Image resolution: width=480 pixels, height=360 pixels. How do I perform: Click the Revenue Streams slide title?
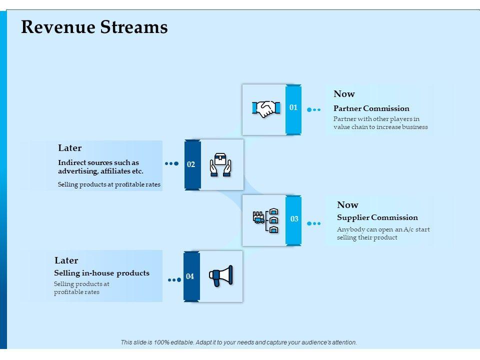[x=94, y=27]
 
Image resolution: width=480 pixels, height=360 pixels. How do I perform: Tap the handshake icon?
[x=266, y=108]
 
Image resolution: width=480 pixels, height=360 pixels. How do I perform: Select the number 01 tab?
[x=293, y=109]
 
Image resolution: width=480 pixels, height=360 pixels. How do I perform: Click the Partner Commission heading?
[x=371, y=108]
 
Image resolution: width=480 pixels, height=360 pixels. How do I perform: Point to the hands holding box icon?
[x=220, y=164]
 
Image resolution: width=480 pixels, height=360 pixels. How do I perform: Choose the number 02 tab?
[x=192, y=164]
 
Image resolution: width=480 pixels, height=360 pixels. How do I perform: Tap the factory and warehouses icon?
[x=265, y=220]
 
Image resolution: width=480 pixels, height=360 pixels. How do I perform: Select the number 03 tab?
[x=293, y=220]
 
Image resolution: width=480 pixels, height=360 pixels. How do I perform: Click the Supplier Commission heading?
[x=377, y=217]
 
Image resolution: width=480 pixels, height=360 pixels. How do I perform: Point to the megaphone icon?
[x=220, y=276]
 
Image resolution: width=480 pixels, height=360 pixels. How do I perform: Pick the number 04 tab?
[x=191, y=276]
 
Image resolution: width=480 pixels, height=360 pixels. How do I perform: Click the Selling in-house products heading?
[x=102, y=273]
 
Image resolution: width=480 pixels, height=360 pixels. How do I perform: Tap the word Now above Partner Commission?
[x=344, y=93]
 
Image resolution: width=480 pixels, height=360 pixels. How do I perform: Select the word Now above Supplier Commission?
[x=348, y=204]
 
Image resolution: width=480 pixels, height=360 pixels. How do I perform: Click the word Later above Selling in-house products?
[x=66, y=260]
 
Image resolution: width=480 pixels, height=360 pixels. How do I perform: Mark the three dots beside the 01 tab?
[x=314, y=109]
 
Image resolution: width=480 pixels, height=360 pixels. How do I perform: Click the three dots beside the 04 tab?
[x=174, y=280]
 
